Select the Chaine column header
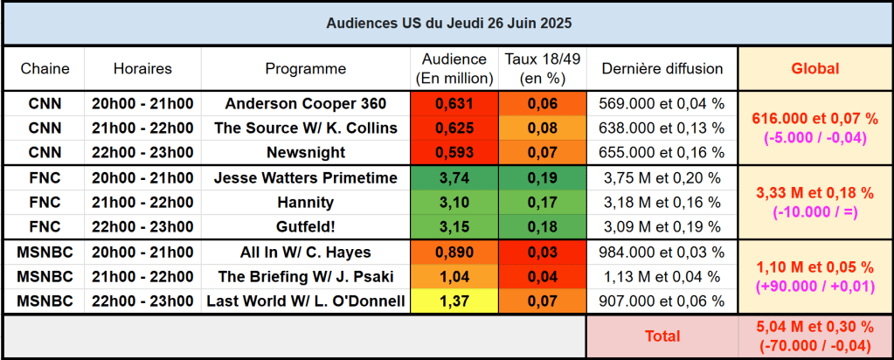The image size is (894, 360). click(45, 68)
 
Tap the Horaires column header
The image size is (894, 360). click(142, 68)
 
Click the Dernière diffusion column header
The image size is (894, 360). click(662, 68)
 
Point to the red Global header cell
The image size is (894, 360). click(814, 68)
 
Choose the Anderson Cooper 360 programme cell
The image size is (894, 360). click(306, 103)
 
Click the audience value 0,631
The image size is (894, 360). click(454, 103)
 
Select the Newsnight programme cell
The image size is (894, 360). click(306, 152)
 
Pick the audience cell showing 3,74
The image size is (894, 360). click(454, 178)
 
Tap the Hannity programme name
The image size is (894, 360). click(306, 203)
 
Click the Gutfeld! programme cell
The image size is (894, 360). click(306, 227)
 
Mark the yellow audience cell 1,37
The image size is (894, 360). click(454, 301)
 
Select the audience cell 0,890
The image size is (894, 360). click(454, 253)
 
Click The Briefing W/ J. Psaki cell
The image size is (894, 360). click(306, 277)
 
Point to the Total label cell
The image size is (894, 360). click(662, 336)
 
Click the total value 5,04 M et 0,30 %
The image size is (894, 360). click(814, 327)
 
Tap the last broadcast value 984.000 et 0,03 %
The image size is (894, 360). click(662, 253)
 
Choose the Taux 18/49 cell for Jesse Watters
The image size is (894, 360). click(543, 178)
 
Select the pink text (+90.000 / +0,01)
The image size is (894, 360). click(814, 286)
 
